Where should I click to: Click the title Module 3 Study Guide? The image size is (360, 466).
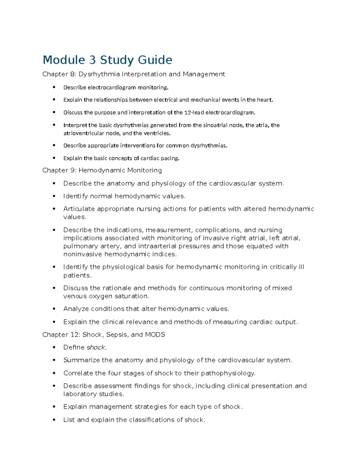click(107, 60)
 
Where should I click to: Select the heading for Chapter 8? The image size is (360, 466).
click(133, 74)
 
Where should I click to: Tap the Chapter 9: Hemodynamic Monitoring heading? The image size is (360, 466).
click(102, 170)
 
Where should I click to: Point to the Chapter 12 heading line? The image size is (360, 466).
click(103, 335)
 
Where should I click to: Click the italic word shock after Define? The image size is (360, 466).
click(96, 347)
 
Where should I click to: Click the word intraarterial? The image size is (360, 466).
click(157, 246)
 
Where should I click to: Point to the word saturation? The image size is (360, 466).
click(134, 296)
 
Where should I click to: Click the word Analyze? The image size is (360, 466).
click(76, 309)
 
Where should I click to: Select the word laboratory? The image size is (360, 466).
click(78, 394)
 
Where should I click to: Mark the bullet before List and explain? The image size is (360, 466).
click(54, 420)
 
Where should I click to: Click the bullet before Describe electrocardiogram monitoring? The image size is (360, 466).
click(54, 87)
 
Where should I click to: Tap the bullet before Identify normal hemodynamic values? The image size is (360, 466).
click(54, 196)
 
